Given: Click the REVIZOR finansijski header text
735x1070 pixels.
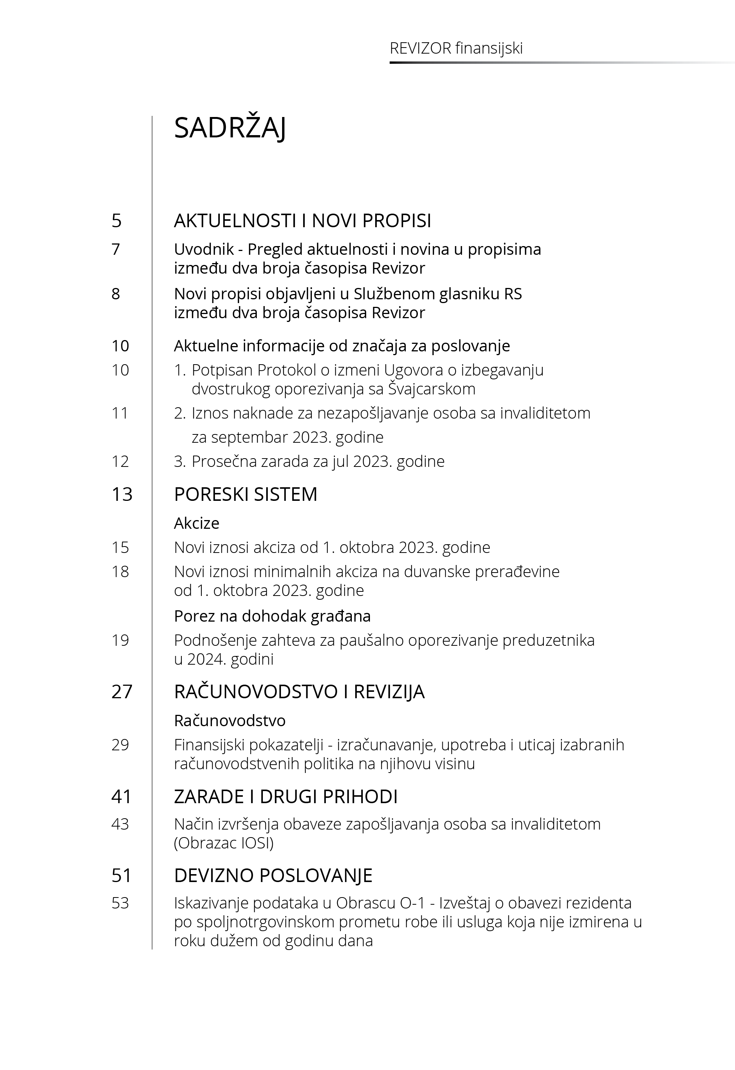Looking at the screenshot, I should (x=456, y=48).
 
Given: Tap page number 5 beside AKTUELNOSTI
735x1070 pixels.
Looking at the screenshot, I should (x=117, y=221).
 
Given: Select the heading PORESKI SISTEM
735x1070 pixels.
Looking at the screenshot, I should (x=246, y=494).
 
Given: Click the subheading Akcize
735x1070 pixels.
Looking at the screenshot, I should (x=196, y=523).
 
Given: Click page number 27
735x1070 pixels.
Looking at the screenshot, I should (x=121, y=692).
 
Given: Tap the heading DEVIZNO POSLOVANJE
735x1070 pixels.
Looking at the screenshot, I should (x=273, y=875).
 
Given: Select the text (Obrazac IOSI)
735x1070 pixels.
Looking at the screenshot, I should (x=224, y=843).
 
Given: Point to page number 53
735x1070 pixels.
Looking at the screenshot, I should (x=120, y=903).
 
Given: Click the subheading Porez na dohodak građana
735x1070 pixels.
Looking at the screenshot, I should (x=272, y=616).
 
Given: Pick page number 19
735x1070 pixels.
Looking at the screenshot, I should (x=120, y=640).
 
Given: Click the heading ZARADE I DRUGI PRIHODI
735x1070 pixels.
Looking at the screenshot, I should (x=285, y=797).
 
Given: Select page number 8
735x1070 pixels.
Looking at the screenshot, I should (x=116, y=294).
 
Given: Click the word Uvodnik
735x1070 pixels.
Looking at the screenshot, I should (x=204, y=249).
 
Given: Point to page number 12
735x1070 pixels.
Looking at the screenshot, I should (x=120, y=461).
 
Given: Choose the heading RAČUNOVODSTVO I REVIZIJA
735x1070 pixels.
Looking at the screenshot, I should (x=299, y=692).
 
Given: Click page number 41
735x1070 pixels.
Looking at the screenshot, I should (x=121, y=797).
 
